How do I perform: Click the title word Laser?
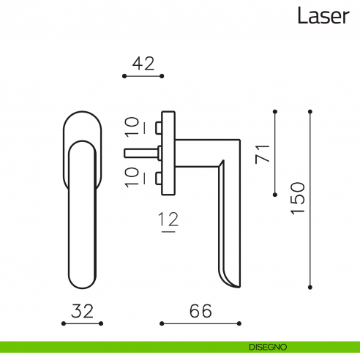(323, 16)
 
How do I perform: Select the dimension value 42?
(143, 64)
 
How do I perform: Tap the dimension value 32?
(83, 311)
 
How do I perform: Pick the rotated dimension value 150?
(297, 198)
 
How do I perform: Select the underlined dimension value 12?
(168, 219)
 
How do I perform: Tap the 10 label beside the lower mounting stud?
(132, 176)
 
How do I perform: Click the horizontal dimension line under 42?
(143, 75)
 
